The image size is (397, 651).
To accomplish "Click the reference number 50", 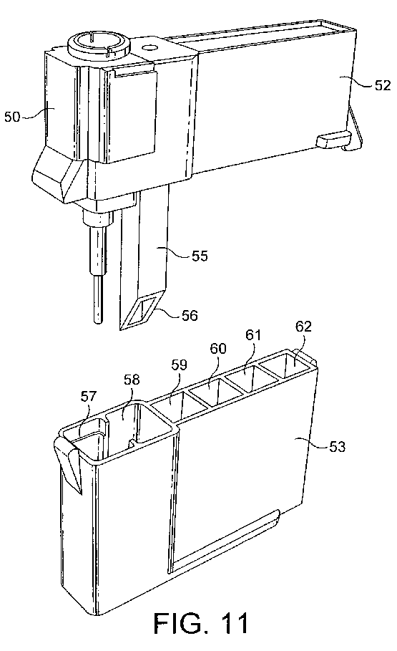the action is [x=12, y=117].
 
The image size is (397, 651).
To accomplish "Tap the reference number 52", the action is [x=382, y=85].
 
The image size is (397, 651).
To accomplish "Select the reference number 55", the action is [x=200, y=256].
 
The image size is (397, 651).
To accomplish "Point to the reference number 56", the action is [x=189, y=316].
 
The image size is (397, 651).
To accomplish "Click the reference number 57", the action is [x=89, y=396].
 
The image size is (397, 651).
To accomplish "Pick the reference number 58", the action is [x=132, y=380].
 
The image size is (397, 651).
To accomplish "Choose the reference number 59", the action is [x=179, y=365].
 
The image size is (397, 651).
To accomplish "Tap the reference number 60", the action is [x=218, y=348].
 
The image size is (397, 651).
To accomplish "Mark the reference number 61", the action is [x=253, y=334].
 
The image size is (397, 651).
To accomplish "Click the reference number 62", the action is [x=303, y=327].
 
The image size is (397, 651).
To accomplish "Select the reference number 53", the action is [x=337, y=447].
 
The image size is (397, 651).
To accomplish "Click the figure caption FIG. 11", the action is [x=201, y=623].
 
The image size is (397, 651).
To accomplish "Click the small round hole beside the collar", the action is [x=150, y=48].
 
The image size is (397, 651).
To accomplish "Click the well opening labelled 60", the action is [x=210, y=391].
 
